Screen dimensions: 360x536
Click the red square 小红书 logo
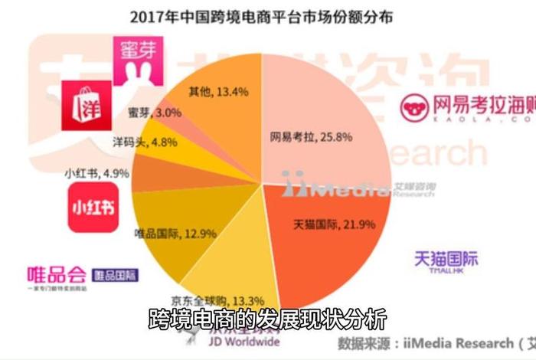[93, 208]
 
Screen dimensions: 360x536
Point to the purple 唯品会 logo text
[58, 273]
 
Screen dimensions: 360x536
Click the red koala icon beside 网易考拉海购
[414, 106]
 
